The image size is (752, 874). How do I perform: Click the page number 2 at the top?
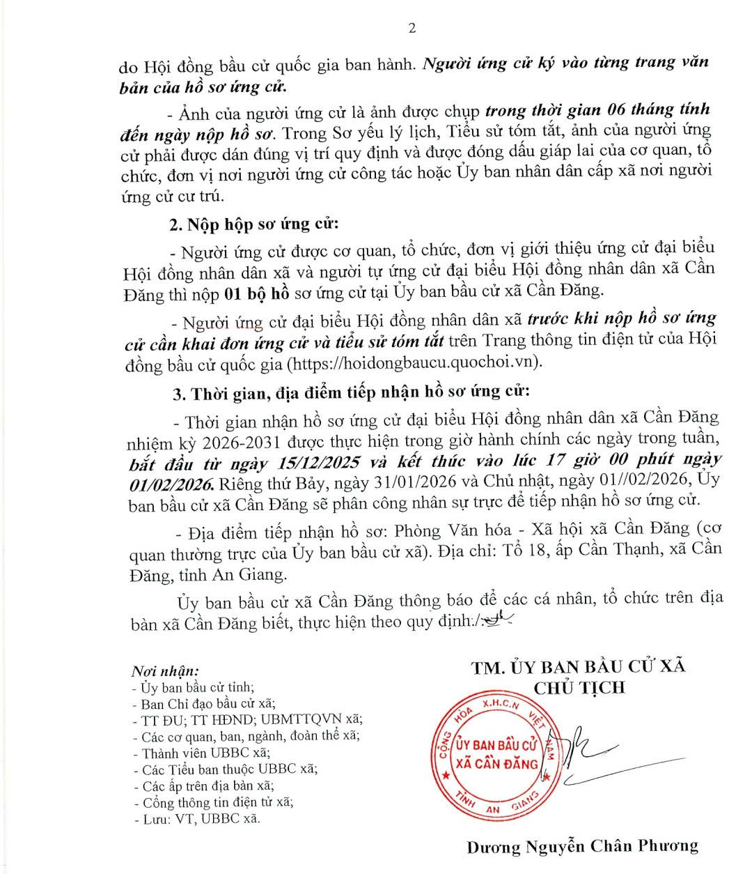click(x=412, y=29)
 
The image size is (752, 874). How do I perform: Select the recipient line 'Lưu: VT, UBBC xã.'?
click(x=197, y=819)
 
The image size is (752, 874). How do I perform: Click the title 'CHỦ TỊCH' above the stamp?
click(x=579, y=688)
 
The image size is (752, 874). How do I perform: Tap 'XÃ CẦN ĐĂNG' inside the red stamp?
click(x=496, y=763)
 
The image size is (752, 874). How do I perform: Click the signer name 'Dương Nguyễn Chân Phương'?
click(x=582, y=847)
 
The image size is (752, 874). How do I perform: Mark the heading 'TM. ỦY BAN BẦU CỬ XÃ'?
click(x=579, y=667)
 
